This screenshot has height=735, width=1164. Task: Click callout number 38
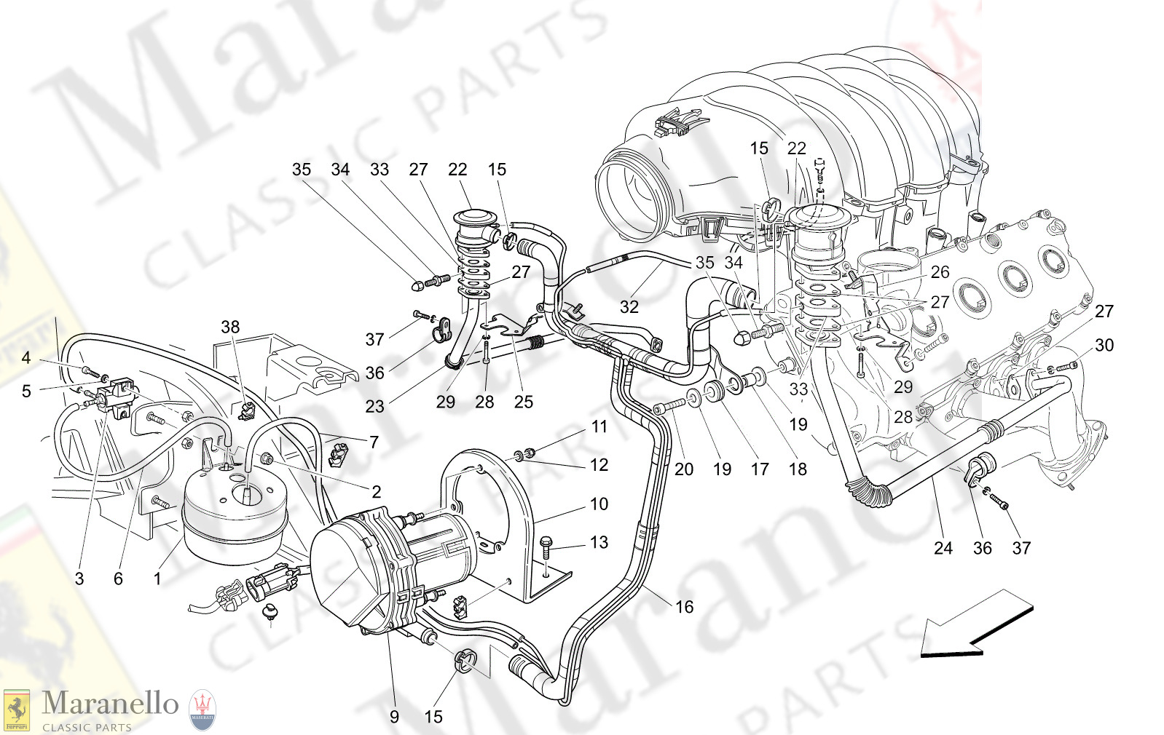click(x=230, y=327)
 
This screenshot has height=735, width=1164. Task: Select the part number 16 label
click(x=684, y=607)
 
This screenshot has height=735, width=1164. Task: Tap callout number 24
click(x=943, y=548)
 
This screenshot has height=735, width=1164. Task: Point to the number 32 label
click(x=629, y=307)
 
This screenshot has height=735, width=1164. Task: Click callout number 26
click(x=940, y=272)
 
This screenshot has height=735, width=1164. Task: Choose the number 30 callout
click(x=1104, y=345)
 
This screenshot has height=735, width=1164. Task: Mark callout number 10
click(x=599, y=504)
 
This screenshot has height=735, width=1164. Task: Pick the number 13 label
click(x=599, y=542)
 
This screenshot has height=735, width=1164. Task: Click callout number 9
click(x=394, y=717)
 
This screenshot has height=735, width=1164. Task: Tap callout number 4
click(x=26, y=357)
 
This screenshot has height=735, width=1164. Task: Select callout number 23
click(x=374, y=406)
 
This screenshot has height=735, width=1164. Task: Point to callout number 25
click(x=523, y=402)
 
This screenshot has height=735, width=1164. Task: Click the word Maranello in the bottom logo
click(x=110, y=704)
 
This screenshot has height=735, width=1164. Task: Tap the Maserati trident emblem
click(x=202, y=710)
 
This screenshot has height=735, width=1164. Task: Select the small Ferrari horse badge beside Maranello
click(x=16, y=710)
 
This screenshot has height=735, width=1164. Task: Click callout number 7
click(x=374, y=442)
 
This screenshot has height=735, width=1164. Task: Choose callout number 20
click(x=683, y=469)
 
